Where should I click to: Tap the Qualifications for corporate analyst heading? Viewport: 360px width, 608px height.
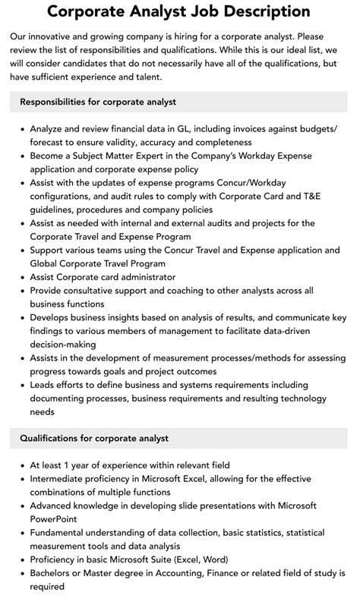click(x=94, y=438)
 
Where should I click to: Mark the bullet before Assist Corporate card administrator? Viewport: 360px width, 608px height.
click(x=22, y=277)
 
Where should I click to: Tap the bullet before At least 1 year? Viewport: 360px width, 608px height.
click(x=22, y=465)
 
